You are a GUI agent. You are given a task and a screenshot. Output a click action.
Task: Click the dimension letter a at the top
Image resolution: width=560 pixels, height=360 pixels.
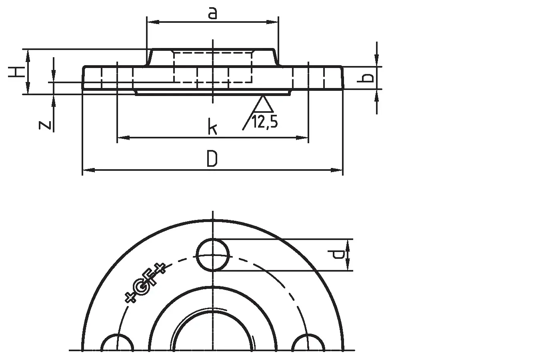click(212, 13)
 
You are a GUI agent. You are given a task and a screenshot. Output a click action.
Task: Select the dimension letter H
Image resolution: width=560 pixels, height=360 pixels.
click(17, 72)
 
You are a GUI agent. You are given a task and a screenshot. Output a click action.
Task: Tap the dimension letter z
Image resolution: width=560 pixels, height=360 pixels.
click(45, 125)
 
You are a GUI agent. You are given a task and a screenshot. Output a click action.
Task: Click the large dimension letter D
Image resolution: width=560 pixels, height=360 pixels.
click(212, 158)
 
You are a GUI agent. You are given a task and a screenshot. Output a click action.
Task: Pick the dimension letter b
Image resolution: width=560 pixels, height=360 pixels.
click(365, 78)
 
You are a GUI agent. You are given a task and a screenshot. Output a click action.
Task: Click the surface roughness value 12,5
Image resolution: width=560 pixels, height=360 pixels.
click(265, 122)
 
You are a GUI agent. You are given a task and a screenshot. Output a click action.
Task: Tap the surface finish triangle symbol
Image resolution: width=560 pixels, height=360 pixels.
click(262, 104)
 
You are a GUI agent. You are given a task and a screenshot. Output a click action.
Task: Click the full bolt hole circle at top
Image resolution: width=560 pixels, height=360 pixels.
click(213, 255)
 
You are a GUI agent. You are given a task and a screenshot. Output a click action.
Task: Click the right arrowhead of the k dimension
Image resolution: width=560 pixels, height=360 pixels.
click(302, 138)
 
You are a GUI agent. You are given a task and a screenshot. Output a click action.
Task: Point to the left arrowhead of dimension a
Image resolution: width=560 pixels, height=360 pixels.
click(153, 22)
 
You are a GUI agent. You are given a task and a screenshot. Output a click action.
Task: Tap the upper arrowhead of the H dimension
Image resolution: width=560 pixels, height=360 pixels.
click(28, 56)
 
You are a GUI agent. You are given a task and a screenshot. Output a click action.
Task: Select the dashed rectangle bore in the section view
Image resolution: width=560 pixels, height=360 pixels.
click(213, 67)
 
